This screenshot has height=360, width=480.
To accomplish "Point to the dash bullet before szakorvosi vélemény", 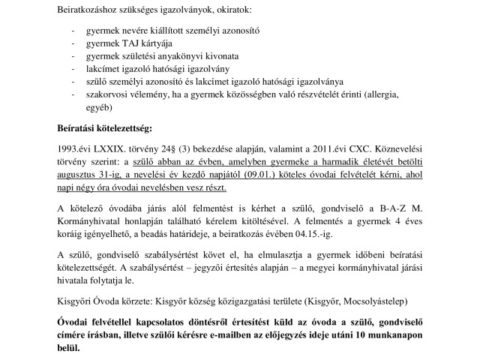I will click(x=72, y=95).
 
